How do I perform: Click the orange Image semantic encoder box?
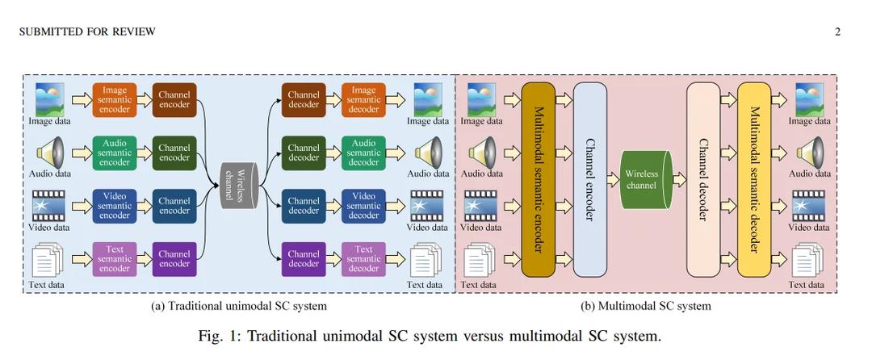point(115,99)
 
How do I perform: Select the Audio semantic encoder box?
point(115,152)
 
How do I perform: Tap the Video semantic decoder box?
point(363,205)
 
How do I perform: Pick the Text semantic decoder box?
point(363,259)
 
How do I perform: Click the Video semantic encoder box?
point(115,205)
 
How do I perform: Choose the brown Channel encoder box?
point(174,99)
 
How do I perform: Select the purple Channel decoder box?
point(304,259)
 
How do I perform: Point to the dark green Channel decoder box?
point(304,152)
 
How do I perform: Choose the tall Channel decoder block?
point(703,178)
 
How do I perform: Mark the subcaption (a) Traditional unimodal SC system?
point(239,306)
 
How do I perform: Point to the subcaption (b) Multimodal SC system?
point(646,306)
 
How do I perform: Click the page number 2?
point(837,31)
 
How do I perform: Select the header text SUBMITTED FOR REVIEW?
point(87,31)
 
